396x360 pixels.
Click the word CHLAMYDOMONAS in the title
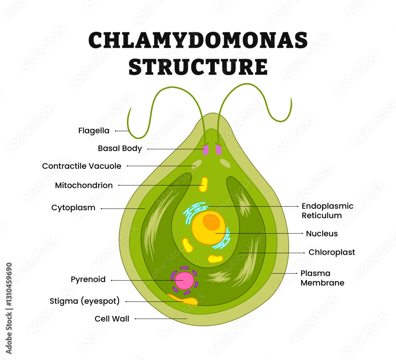click(x=198, y=40)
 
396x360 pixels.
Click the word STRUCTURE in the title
click(x=198, y=66)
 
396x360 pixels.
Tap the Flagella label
click(x=94, y=130)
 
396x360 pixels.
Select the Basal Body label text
click(x=120, y=149)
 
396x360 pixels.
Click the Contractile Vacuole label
click(x=82, y=166)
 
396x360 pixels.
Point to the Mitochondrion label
click(x=84, y=185)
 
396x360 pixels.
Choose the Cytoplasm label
click(x=73, y=208)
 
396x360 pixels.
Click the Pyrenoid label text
click(x=88, y=279)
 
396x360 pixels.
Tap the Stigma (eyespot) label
click(x=84, y=301)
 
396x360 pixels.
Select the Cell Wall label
click(x=112, y=318)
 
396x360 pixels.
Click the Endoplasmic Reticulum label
click(x=327, y=211)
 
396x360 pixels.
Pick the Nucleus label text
click(x=322, y=234)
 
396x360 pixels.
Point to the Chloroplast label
click(x=331, y=252)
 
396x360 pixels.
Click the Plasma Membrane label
click(x=322, y=278)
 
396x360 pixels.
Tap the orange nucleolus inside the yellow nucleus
click(x=211, y=223)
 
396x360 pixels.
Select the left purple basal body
click(x=206, y=150)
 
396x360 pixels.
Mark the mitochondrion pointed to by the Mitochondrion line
click(x=204, y=185)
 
